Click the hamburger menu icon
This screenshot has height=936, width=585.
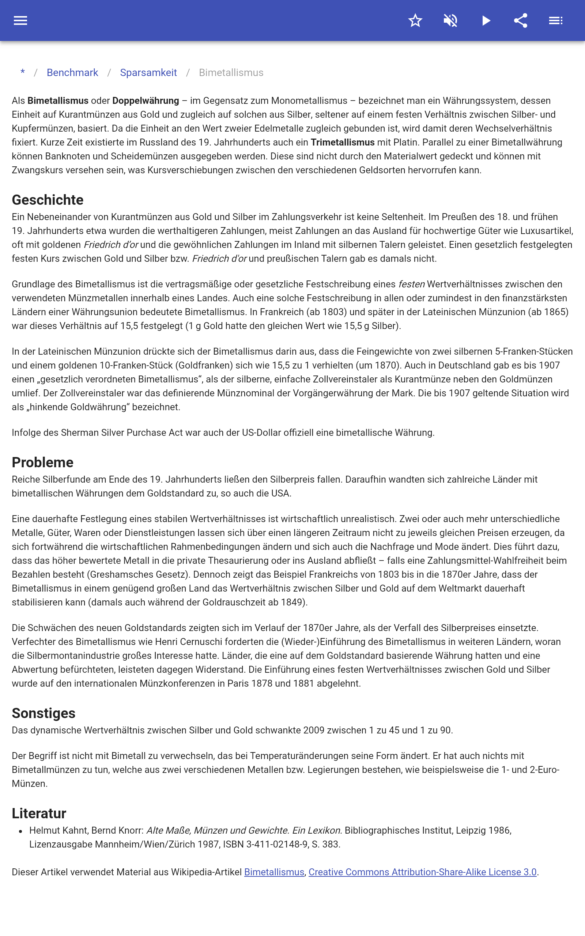20,20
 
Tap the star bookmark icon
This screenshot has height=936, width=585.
415,20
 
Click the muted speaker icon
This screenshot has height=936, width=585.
450,20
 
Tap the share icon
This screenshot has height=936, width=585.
521,20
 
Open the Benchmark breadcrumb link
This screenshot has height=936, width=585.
72,73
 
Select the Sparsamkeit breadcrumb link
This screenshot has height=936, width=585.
148,73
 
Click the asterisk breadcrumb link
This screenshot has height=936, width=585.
23,72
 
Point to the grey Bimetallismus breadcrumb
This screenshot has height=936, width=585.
231,73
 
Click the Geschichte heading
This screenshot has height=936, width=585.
48,200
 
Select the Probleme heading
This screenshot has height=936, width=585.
42,462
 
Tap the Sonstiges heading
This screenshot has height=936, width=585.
44,713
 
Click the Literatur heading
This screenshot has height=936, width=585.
39,813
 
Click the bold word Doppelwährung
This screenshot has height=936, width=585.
146,101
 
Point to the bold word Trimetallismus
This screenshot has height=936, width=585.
343,142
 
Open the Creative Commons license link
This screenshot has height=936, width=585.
422,872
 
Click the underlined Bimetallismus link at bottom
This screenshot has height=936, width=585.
274,872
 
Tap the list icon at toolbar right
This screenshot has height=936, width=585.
556,20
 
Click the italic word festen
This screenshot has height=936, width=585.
411,284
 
